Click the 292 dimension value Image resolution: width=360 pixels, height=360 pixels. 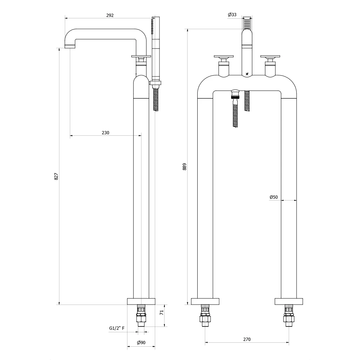(x=110, y=15)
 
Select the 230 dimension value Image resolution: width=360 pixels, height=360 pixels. (x=105, y=133)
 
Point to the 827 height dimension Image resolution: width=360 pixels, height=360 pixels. (x=56, y=176)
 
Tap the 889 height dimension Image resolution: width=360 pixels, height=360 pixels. (x=185, y=166)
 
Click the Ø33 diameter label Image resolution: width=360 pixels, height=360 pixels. (x=232, y=15)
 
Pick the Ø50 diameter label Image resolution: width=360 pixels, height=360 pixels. (x=274, y=197)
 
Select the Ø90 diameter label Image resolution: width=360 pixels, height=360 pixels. (x=141, y=343)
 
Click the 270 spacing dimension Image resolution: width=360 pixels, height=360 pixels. (x=247, y=339)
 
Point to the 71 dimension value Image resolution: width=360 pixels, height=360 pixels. (x=162, y=312)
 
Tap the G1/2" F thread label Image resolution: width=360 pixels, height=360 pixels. (x=117, y=328)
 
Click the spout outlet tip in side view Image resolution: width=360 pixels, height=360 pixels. (x=70, y=46)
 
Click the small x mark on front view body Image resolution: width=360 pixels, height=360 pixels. (x=247, y=74)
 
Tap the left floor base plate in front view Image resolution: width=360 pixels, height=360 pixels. (x=205, y=301)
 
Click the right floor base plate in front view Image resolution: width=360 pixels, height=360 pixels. (x=289, y=301)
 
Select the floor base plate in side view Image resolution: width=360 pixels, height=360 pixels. (x=141, y=301)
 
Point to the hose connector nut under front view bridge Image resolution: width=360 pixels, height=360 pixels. (x=235, y=94)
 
